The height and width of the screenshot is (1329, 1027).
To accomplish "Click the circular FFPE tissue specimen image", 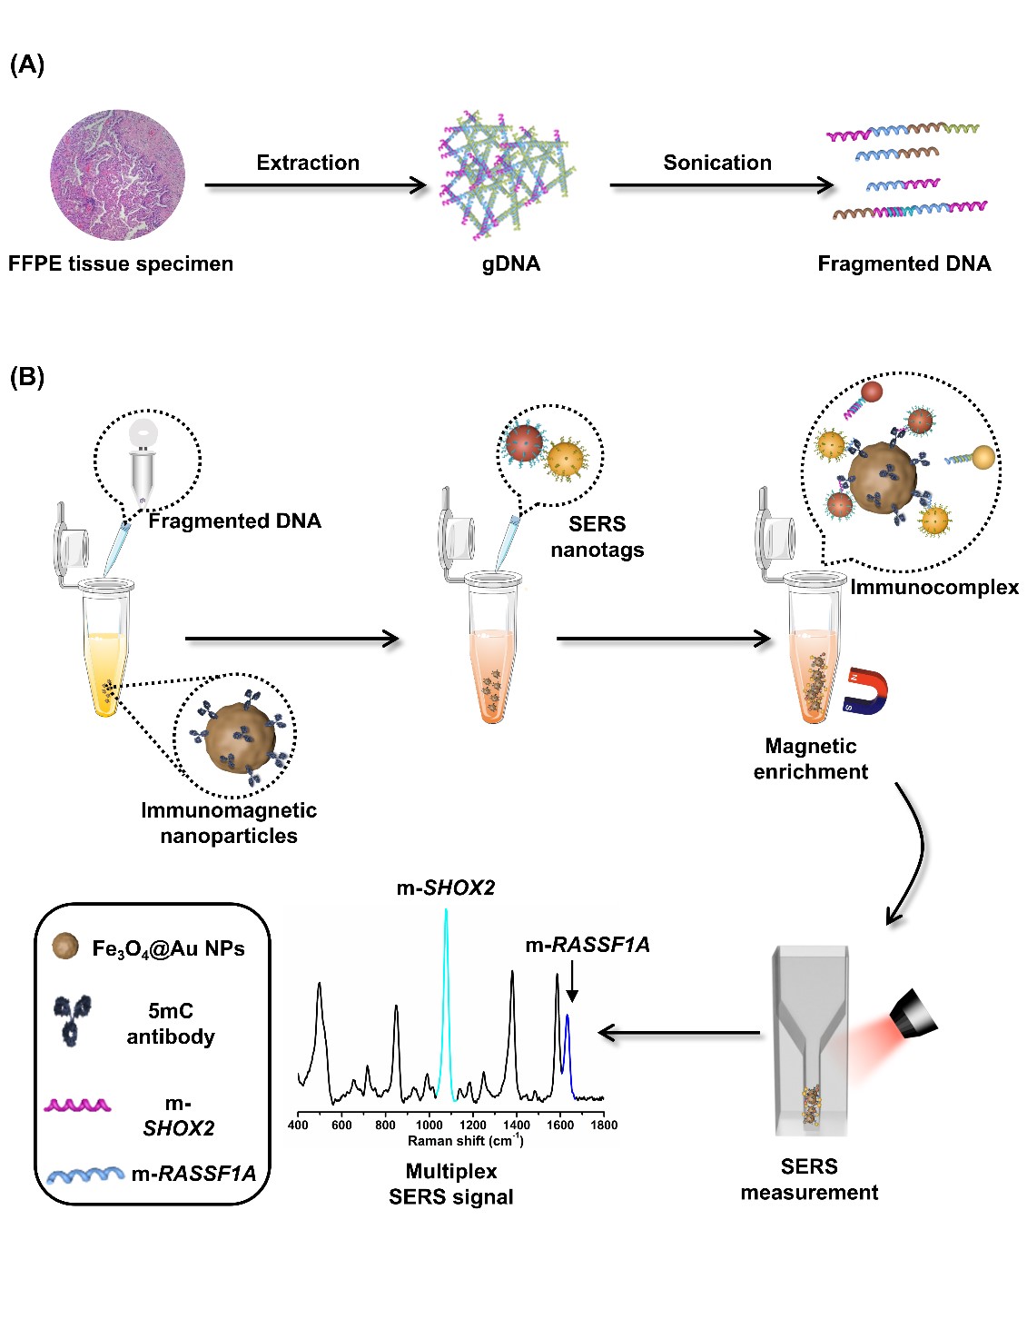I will coord(117,175).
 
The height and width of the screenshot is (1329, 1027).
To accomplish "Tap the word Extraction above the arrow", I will coord(308,163).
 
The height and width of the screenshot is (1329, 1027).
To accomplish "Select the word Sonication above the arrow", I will coord(717,163).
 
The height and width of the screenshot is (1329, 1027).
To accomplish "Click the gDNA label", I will coord(511,263).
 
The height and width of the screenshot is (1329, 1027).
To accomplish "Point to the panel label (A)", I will coord(26,64).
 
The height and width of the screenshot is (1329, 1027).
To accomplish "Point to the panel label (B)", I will coord(26,377).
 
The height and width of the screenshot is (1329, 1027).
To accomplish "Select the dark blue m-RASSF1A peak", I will coord(568,1045).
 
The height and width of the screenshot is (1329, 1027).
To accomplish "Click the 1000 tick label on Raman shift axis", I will coord(430,1125).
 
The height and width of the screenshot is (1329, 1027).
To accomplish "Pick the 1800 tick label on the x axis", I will coord(604,1125).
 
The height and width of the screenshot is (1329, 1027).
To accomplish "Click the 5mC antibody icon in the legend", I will coord(73,1019).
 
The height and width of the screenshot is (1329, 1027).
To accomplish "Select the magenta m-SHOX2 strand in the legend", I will coord(78,1106).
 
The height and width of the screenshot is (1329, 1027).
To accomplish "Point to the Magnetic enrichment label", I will coord(810,759).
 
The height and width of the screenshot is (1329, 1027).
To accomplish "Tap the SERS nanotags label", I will coord(597,537).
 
